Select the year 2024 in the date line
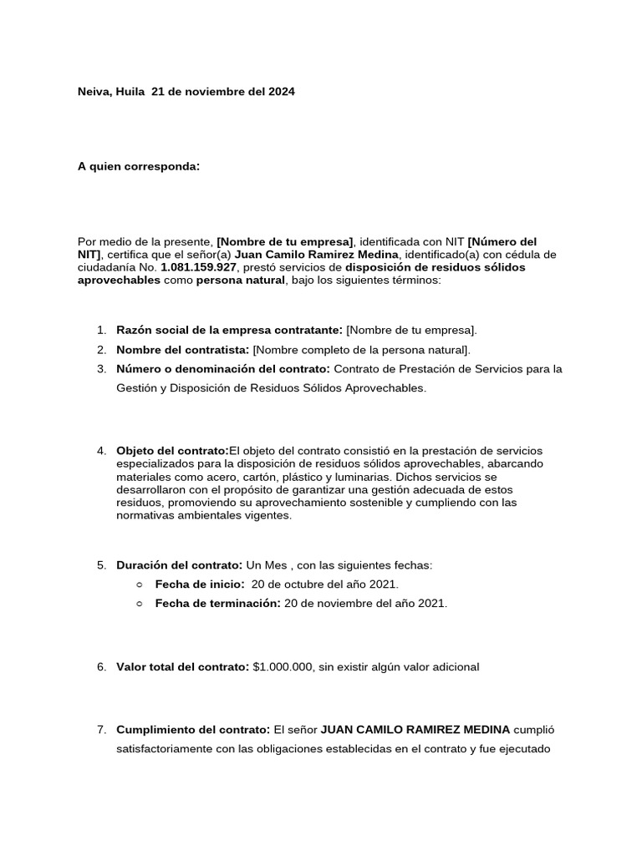(x=280, y=92)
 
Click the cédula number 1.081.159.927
(x=201, y=267)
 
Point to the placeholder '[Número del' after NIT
(x=502, y=241)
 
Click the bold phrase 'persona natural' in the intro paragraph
(x=241, y=281)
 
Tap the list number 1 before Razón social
(x=100, y=331)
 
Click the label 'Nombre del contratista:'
(x=183, y=349)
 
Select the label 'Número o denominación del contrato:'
(x=223, y=368)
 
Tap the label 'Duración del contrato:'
(x=179, y=565)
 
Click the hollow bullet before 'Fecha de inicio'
(x=139, y=584)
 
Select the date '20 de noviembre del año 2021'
(x=365, y=603)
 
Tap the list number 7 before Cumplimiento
(x=100, y=729)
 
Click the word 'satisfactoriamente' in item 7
(x=165, y=749)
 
